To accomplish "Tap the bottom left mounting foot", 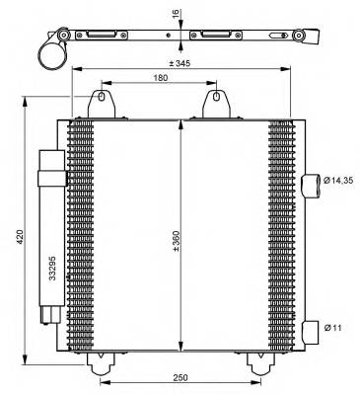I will point(101,362).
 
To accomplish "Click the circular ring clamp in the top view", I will point(51,49).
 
